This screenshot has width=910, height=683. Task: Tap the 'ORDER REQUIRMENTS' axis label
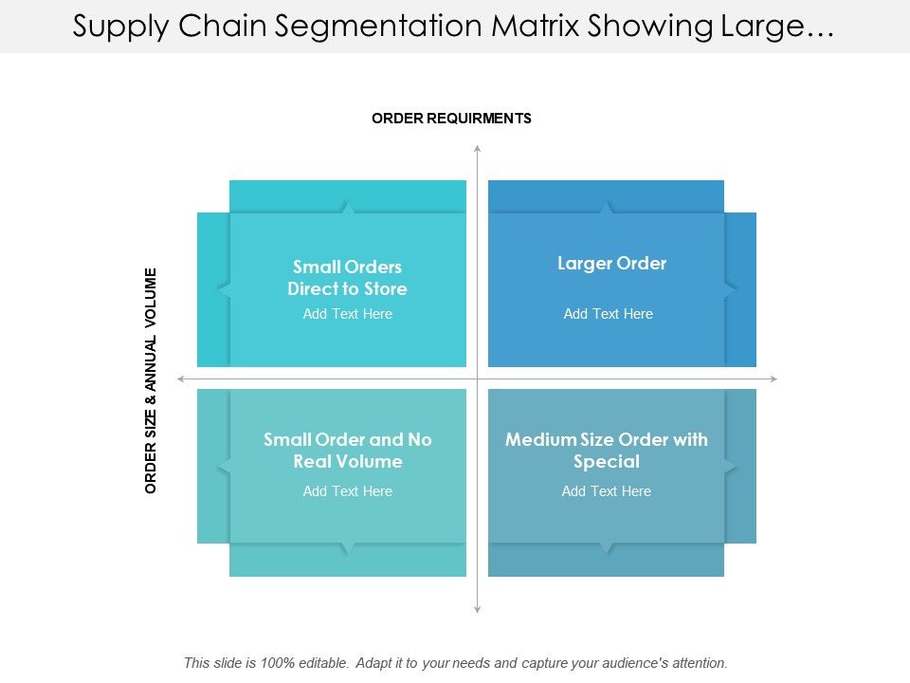[451, 119]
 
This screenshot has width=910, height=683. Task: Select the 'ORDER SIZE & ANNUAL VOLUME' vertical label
[151, 380]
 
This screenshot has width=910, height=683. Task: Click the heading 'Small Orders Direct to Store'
[347, 278]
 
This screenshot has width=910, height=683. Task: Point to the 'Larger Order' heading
[611, 264]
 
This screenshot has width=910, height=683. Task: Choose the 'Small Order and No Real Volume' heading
[347, 451]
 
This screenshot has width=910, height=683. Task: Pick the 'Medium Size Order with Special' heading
[606, 451]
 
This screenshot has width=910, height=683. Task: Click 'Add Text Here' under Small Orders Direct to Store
[347, 314]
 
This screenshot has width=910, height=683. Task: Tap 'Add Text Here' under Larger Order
[608, 314]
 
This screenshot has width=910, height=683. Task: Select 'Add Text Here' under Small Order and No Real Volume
[347, 491]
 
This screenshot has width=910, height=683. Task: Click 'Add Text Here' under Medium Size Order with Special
[606, 491]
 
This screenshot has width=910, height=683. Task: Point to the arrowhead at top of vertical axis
[477, 148]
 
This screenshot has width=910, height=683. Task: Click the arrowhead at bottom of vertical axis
[477, 609]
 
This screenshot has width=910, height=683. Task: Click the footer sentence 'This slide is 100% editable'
[455, 663]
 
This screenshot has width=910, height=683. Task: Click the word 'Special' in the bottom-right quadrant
[606, 462]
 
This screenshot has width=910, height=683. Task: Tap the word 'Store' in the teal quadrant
[386, 288]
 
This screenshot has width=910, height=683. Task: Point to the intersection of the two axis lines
[477, 379]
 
